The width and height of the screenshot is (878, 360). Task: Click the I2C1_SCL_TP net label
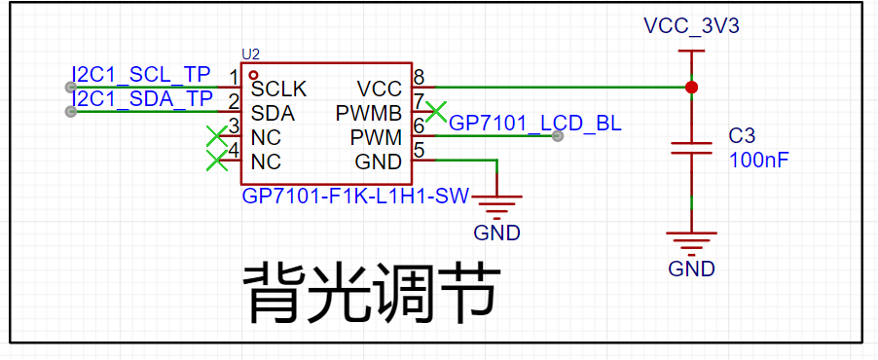pos(141,74)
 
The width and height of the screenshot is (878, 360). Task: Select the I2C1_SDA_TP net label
pos(142,98)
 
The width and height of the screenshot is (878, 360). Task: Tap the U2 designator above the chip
pos(251,54)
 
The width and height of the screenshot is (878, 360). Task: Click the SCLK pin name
pos(278,89)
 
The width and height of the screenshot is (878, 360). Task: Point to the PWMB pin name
pos(369,114)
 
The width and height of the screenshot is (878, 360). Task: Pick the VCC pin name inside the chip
pos(379,89)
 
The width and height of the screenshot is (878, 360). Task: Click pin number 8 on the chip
pos(418,76)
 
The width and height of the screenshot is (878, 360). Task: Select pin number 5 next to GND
pos(418,150)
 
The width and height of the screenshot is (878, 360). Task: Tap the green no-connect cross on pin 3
pos(217,136)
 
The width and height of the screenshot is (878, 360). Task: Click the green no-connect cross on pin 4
pos(217,161)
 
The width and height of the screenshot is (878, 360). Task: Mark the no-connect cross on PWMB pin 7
pos(436,112)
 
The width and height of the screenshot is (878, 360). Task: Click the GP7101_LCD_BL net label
pos(535,124)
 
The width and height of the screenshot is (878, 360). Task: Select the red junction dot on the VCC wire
pos(692,88)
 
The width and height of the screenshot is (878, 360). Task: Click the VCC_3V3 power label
pos(691,26)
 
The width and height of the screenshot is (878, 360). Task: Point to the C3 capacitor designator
pos(742,136)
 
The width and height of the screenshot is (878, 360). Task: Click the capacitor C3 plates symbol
pos(692,148)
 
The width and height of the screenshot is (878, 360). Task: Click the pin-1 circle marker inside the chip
pos(253,75)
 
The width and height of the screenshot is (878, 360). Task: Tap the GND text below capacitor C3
pos(691,270)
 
